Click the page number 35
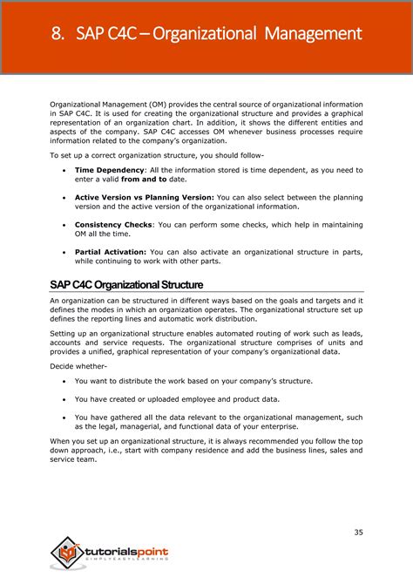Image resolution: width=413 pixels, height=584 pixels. point(358,533)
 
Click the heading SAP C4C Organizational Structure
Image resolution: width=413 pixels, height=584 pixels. point(126,285)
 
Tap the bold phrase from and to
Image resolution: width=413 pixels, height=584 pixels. point(144,179)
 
